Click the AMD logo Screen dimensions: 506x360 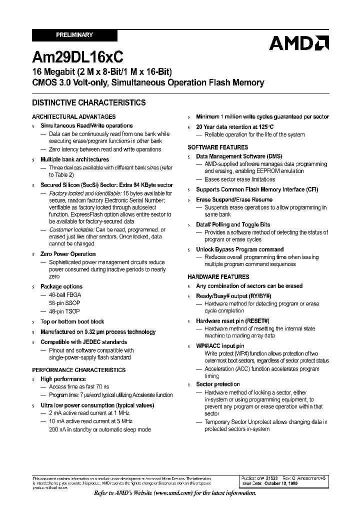coord(298,43)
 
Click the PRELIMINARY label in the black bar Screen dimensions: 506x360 coord(74,35)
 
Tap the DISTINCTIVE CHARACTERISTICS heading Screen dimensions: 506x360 coord(89,103)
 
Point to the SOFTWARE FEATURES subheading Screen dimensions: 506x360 coord(217,147)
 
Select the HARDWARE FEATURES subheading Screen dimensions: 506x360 coord(218,277)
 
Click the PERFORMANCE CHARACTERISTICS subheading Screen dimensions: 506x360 coord(79,370)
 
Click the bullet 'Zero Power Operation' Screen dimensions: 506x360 coord(67,254)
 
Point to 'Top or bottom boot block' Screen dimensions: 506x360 coord(72,322)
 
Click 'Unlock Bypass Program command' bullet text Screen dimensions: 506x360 coord(239,249)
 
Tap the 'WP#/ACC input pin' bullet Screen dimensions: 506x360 coord(220,346)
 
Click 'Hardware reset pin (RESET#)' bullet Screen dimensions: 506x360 coord(232,321)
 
